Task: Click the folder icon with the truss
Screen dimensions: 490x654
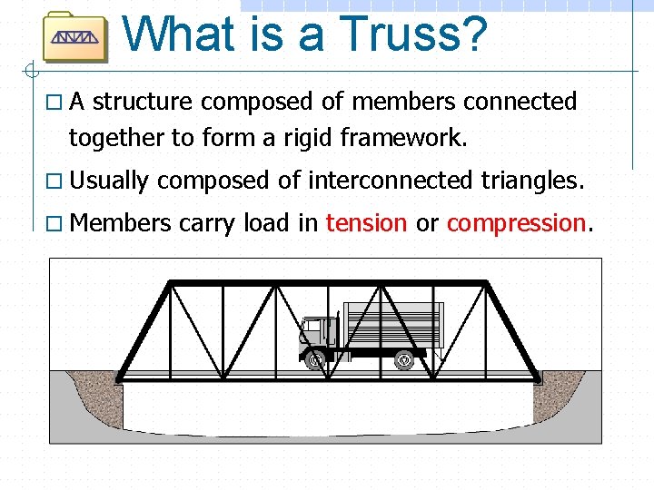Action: click(x=75, y=37)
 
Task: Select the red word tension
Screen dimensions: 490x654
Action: click(x=366, y=223)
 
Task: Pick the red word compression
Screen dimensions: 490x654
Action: click(x=516, y=223)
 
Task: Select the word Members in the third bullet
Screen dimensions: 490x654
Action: click(x=120, y=223)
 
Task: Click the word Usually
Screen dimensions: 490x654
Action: click(x=108, y=181)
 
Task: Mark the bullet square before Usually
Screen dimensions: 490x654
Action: click(x=56, y=181)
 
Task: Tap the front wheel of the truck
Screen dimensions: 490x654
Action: click(x=315, y=361)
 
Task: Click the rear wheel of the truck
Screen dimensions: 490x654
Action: click(x=404, y=361)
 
